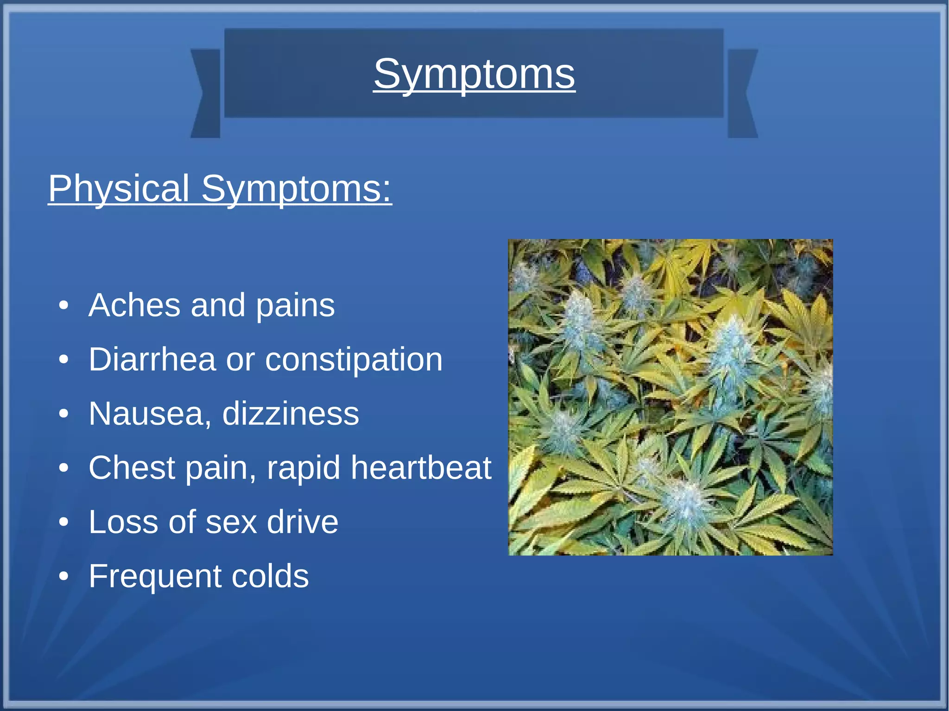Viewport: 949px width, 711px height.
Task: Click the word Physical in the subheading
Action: coord(119,189)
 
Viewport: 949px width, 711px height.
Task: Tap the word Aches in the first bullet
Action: coord(134,305)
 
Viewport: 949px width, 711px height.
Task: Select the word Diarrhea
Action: coord(152,359)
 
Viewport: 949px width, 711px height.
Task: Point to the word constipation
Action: coord(354,360)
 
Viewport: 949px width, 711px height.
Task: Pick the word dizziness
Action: coord(291,414)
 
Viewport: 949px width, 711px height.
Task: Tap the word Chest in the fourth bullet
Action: coord(132,467)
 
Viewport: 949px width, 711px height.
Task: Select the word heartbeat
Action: coord(421,467)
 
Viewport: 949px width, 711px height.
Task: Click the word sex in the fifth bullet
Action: coord(231,522)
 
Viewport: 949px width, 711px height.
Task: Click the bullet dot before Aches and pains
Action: coord(64,306)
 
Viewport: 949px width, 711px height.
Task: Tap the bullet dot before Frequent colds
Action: coord(64,577)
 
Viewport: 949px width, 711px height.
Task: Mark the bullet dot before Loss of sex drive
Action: coord(64,522)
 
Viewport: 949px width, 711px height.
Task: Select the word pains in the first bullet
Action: coord(295,306)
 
